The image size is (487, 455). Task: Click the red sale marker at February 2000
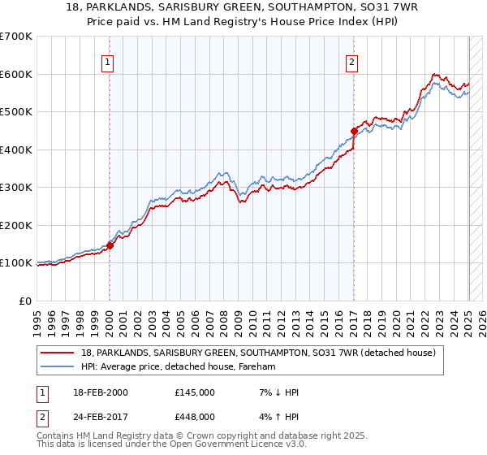tap(110, 246)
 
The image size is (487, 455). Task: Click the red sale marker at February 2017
tap(354, 131)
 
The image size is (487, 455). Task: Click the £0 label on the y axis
tap(26, 301)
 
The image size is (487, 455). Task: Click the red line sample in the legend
tap(58, 353)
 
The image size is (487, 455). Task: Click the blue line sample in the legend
tap(58, 367)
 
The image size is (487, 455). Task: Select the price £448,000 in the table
tap(194, 417)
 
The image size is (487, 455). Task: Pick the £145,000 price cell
tap(194, 392)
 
